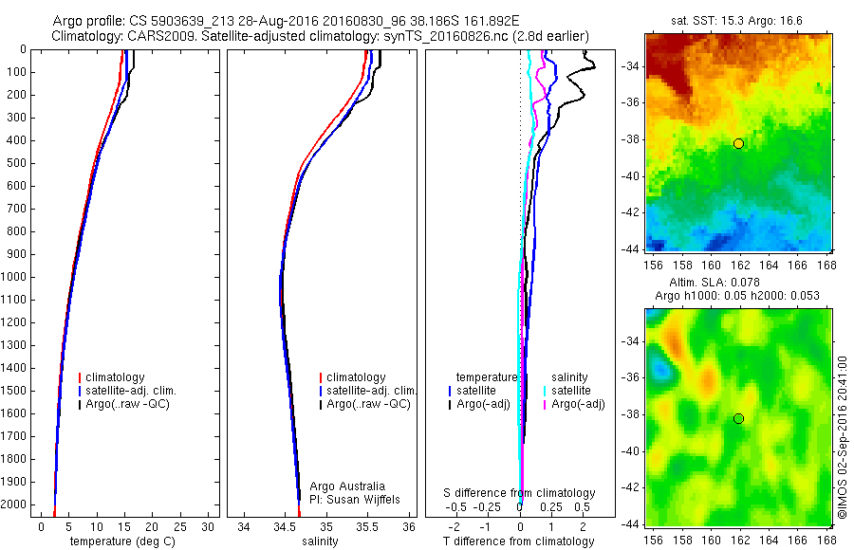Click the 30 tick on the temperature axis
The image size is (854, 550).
coord(209,526)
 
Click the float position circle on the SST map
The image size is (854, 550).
coord(738,143)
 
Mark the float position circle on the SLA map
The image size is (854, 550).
coord(738,419)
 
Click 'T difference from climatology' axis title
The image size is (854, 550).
coord(518,541)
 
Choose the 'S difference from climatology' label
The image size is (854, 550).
coord(520,493)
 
